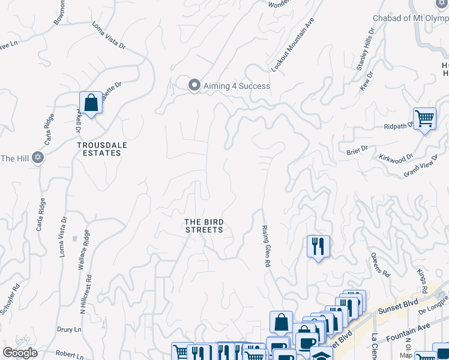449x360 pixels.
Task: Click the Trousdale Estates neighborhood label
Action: tap(99, 149)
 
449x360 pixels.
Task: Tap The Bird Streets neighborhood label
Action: tap(203, 226)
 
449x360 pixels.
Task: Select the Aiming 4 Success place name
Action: tap(237, 86)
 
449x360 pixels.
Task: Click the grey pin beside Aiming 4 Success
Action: tap(194, 86)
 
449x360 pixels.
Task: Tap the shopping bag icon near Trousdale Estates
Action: tap(91, 103)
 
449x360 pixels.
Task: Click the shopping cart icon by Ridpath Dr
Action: tap(424, 119)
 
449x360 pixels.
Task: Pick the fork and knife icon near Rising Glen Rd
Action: tap(318, 246)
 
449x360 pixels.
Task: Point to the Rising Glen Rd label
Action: tap(265, 246)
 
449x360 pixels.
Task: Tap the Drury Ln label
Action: tap(69, 329)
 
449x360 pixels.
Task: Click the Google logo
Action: tap(20, 353)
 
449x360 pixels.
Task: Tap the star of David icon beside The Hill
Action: tap(38, 158)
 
